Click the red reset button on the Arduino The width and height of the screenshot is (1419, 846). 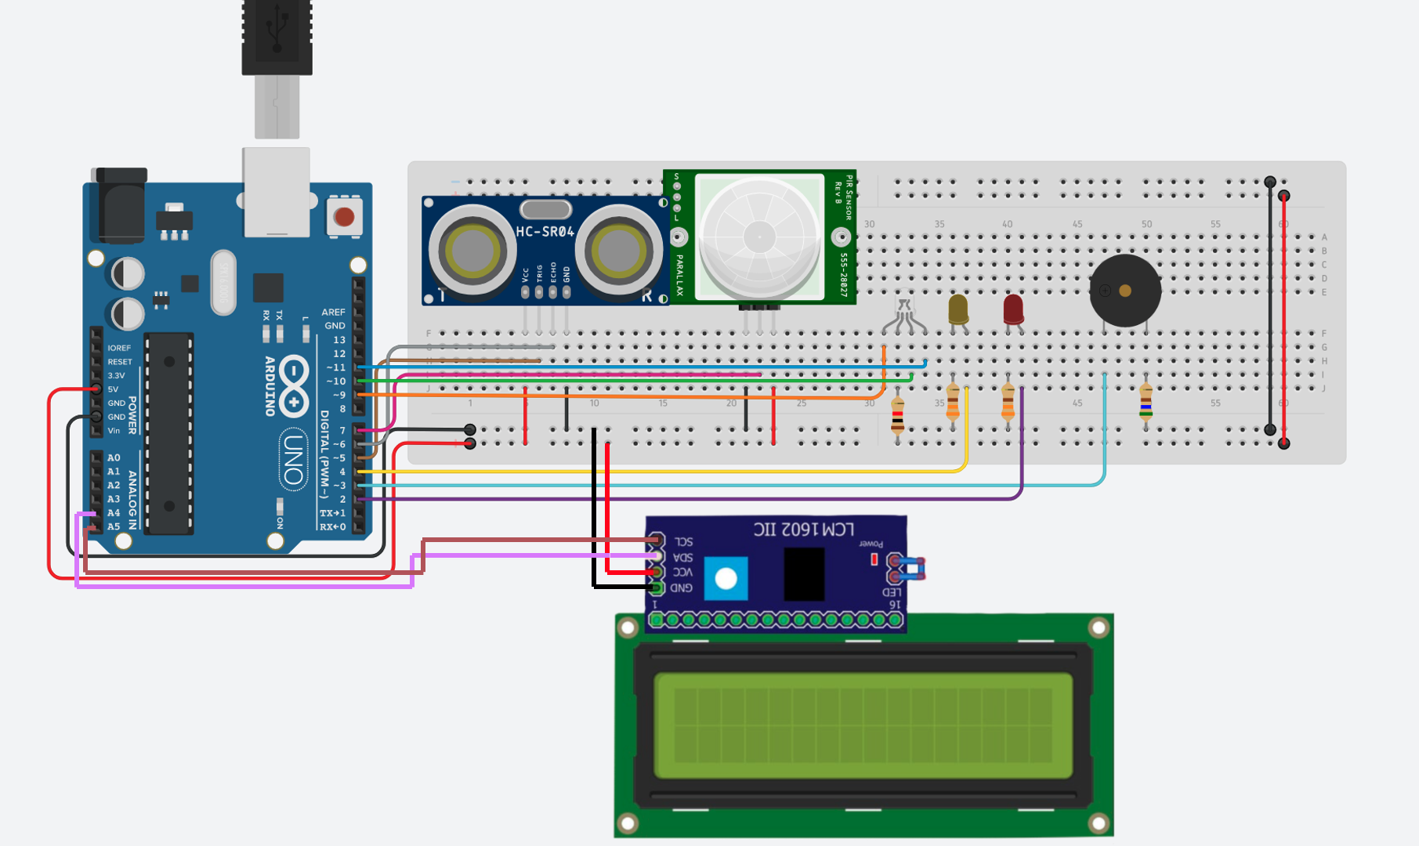[x=344, y=217]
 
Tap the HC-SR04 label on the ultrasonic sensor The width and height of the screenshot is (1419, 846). [x=545, y=232]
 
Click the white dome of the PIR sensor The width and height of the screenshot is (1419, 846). [x=758, y=236]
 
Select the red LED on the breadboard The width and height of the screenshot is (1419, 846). [x=1013, y=309]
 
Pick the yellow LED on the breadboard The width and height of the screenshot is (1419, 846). [x=957, y=309]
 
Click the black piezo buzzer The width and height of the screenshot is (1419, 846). [x=1124, y=291]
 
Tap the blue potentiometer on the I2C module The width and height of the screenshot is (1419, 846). [x=726, y=579]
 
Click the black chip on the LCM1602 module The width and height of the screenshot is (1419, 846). [x=803, y=573]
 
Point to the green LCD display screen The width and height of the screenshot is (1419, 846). [x=863, y=725]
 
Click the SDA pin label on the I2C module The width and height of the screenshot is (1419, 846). [x=682, y=558]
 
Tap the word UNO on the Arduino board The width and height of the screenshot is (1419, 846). [x=293, y=459]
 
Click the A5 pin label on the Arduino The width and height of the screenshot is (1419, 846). [x=114, y=526]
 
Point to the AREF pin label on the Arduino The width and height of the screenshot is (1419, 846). [x=333, y=312]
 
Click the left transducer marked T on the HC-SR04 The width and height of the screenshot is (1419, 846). [x=471, y=251]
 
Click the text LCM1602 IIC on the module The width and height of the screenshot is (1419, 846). [x=803, y=530]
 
